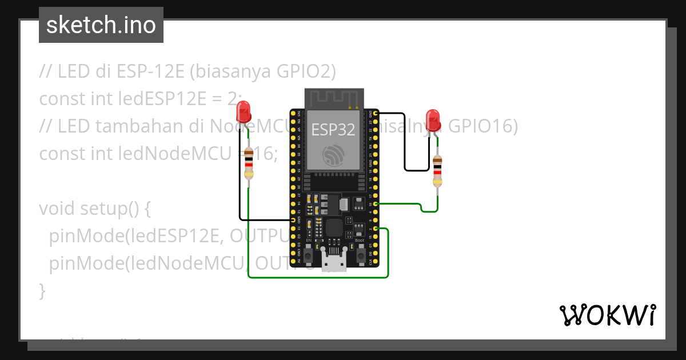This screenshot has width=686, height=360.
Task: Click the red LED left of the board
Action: (x=244, y=111)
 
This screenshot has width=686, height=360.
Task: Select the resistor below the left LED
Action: (x=248, y=163)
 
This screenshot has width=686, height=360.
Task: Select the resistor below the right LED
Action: (x=437, y=171)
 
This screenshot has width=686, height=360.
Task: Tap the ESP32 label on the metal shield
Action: (x=333, y=129)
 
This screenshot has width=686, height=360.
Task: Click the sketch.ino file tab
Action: (x=101, y=25)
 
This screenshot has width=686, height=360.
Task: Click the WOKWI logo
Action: (x=607, y=315)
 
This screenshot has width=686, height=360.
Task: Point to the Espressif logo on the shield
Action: (x=333, y=156)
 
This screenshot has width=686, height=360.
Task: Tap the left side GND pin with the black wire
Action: (x=293, y=219)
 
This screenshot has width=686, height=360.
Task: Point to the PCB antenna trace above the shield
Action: (x=334, y=98)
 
